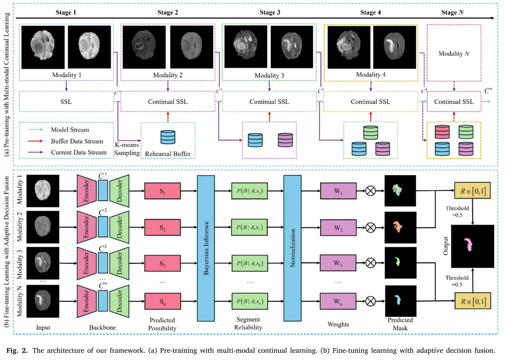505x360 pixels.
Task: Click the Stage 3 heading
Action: [x=270, y=12]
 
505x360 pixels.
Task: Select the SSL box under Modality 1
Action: [x=66, y=101]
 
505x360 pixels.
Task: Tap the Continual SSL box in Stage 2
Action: [x=168, y=101]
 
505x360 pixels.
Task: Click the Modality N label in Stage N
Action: [x=454, y=53]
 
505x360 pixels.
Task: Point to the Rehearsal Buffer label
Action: [x=168, y=153]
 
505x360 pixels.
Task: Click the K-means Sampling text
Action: [x=127, y=149]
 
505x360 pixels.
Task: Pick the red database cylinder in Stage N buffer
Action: [x=442, y=132]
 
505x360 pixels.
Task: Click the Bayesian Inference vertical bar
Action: [x=206, y=248]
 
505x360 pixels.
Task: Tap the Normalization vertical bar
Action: [x=292, y=248]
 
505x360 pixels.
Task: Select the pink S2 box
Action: [x=162, y=228]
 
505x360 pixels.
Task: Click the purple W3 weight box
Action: [x=338, y=263]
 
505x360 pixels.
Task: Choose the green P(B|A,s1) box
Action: [x=250, y=191]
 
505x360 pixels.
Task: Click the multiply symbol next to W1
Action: [x=371, y=191]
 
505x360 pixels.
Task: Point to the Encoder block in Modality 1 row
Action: [x=87, y=191]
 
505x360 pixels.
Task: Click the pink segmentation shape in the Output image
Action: [x=468, y=244]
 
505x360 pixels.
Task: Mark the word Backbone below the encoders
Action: [x=102, y=327]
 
